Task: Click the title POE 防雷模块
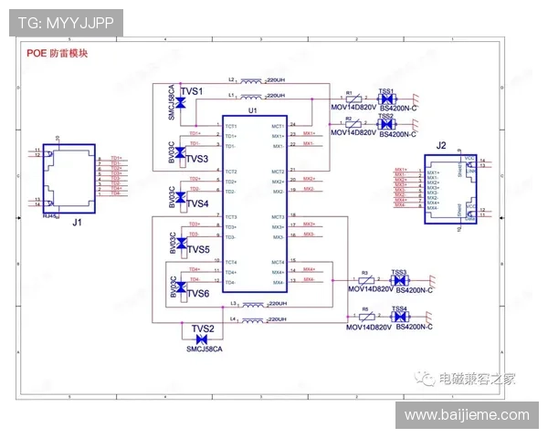coord(57,54)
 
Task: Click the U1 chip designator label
coord(253,110)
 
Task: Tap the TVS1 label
coord(192,91)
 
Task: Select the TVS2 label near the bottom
coord(202,328)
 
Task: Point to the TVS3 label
coord(197,158)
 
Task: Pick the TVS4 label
coord(197,203)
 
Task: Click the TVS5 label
coord(197,248)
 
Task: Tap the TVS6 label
coord(197,293)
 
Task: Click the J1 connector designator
coord(78,222)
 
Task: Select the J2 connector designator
coord(440,145)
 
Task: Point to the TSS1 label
coord(386,91)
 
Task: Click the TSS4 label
coord(399,309)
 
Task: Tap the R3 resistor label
coord(364,273)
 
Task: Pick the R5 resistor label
coord(364,309)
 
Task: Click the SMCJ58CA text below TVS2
coord(202,349)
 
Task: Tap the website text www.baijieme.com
coord(467,415)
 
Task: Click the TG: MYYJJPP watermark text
coord(65,22)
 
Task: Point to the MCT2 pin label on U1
coord(278,172)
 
